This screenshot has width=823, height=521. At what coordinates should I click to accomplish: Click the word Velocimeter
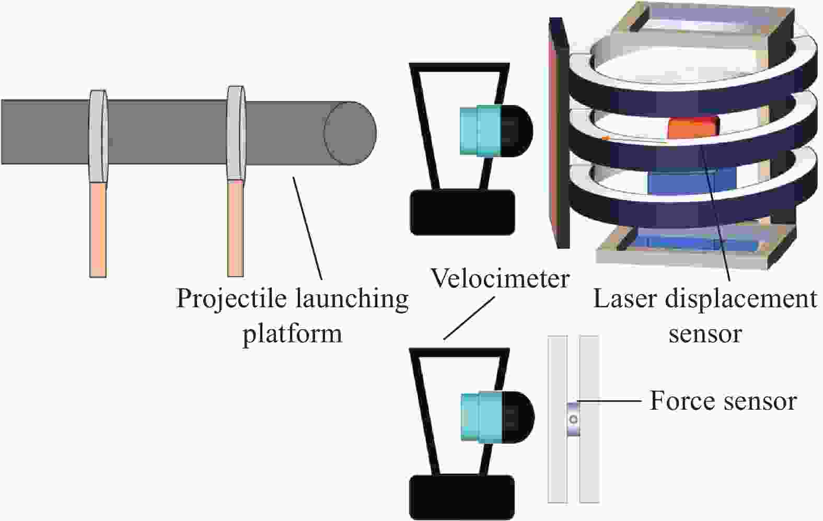[500, 279]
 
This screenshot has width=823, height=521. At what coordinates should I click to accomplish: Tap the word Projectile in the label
[231, 299]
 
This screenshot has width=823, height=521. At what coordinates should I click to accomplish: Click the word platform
[293, 334]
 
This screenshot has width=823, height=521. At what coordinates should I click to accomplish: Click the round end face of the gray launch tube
[350, 133]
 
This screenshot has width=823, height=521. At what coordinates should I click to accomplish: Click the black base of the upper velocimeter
[462, 212]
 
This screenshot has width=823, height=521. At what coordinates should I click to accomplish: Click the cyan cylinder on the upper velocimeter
[481, 131]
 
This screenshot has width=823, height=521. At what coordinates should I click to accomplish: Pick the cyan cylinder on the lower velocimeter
[481, 416]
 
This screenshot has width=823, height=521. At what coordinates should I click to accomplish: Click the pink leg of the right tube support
[236, 228]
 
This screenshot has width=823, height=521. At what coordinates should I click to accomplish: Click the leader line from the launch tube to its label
[308, 228]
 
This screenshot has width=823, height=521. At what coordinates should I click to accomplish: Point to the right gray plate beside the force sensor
[589, 419]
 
